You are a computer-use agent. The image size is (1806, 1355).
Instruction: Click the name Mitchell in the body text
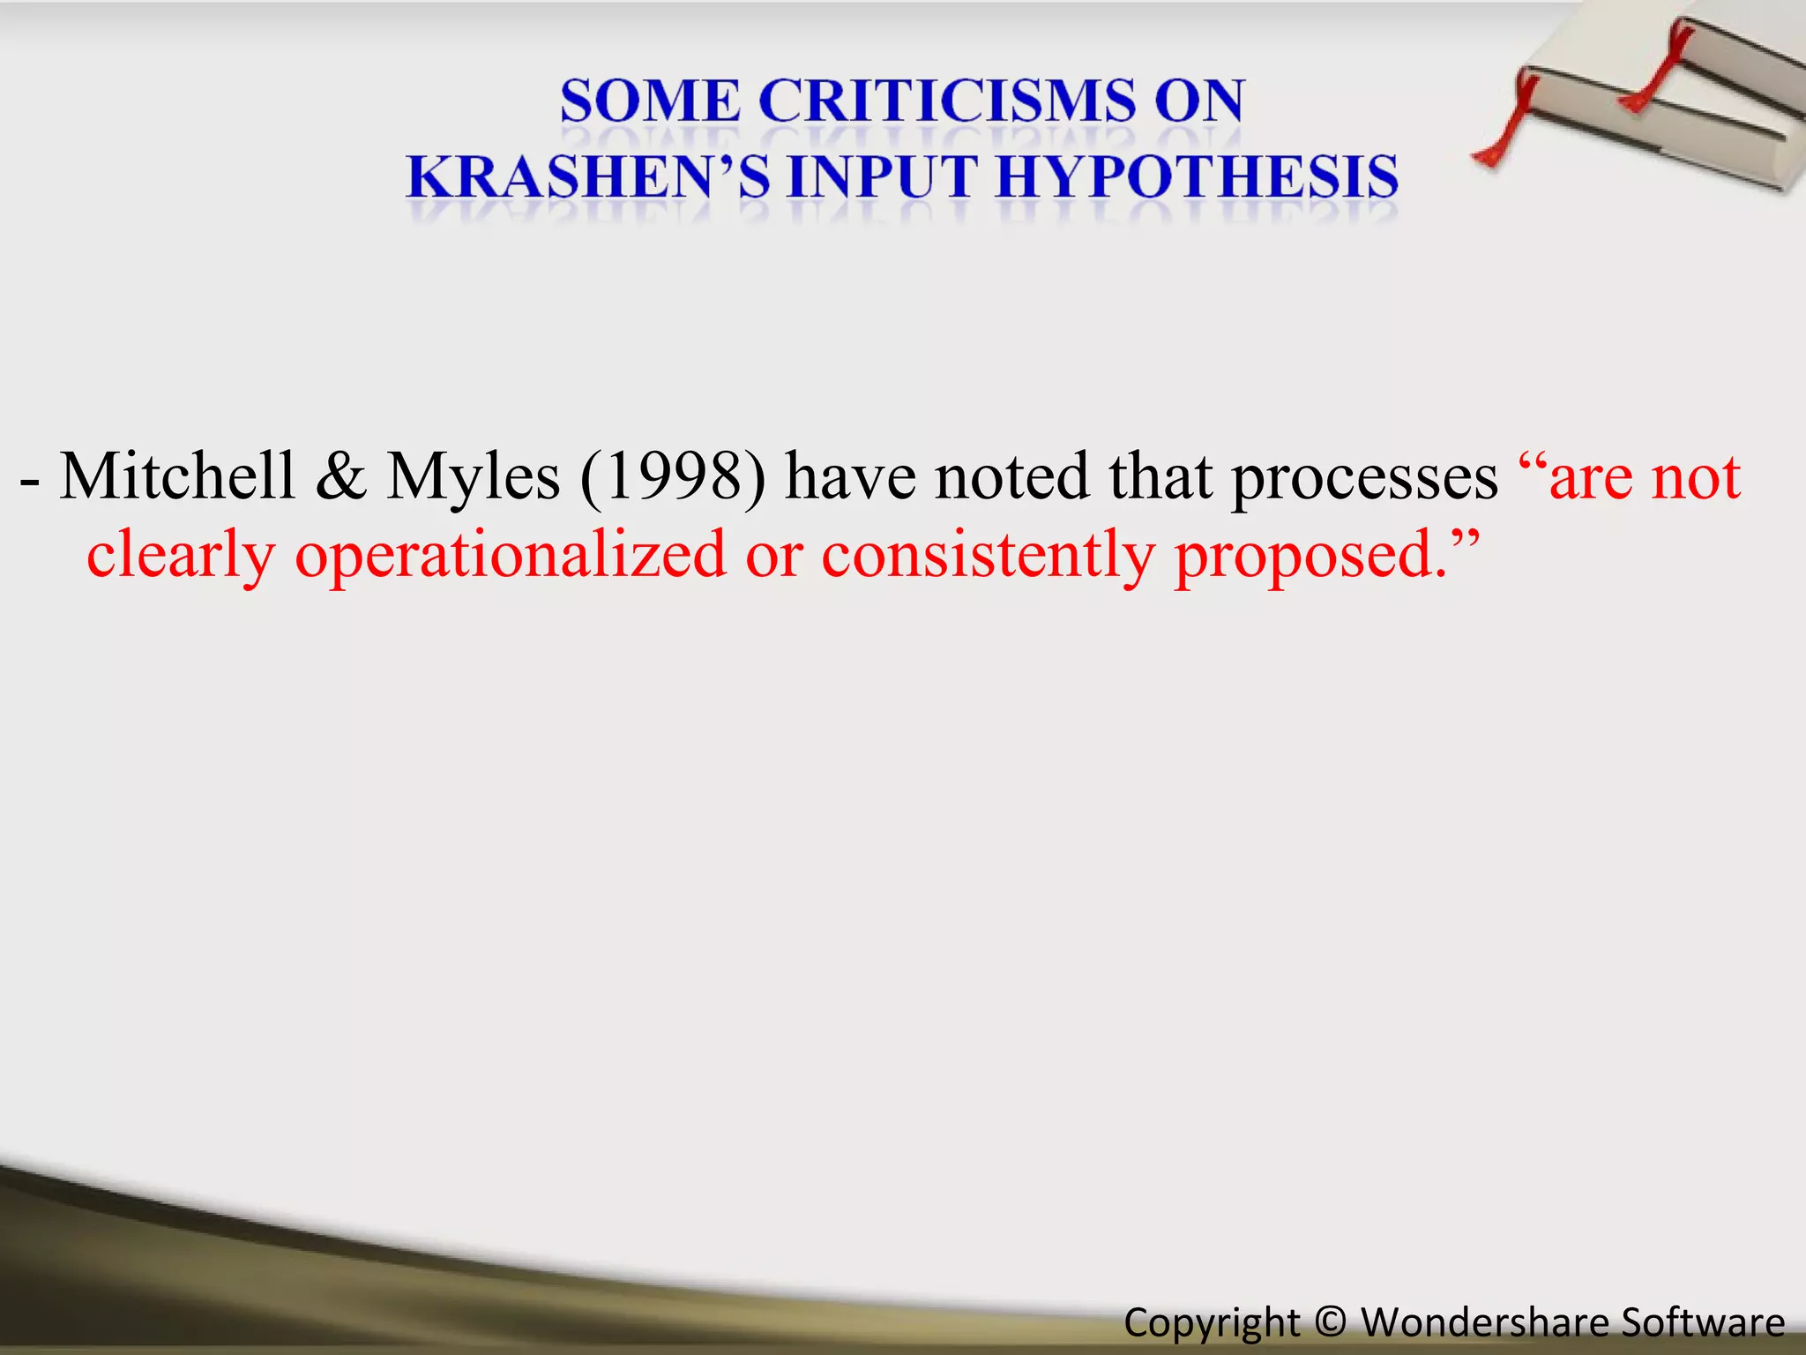[177, 477]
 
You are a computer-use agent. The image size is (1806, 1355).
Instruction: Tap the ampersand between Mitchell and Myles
[340, 477]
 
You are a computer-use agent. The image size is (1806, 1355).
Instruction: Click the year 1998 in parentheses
[673, 477]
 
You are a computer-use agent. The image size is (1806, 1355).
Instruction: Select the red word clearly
[181, 557]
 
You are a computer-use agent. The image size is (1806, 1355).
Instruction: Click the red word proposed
[1311, 557]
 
